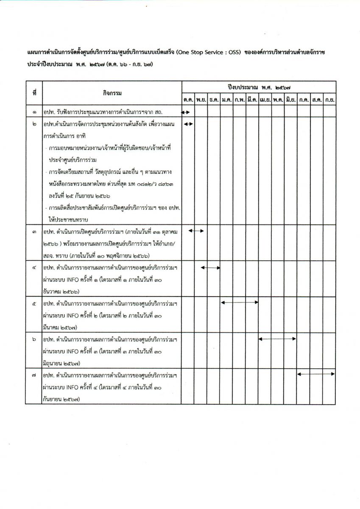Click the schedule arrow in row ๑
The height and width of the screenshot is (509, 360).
click(x=186, y=112)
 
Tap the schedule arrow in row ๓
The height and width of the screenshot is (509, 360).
click(x=196, y=231)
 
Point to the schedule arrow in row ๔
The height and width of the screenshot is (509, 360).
click(x=210, y=267)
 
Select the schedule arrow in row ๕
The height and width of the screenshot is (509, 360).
click(x=240, y=302)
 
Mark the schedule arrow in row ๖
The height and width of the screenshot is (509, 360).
click(x=277, y=338)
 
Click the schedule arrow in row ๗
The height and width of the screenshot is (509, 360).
click(x=316, y=374)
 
